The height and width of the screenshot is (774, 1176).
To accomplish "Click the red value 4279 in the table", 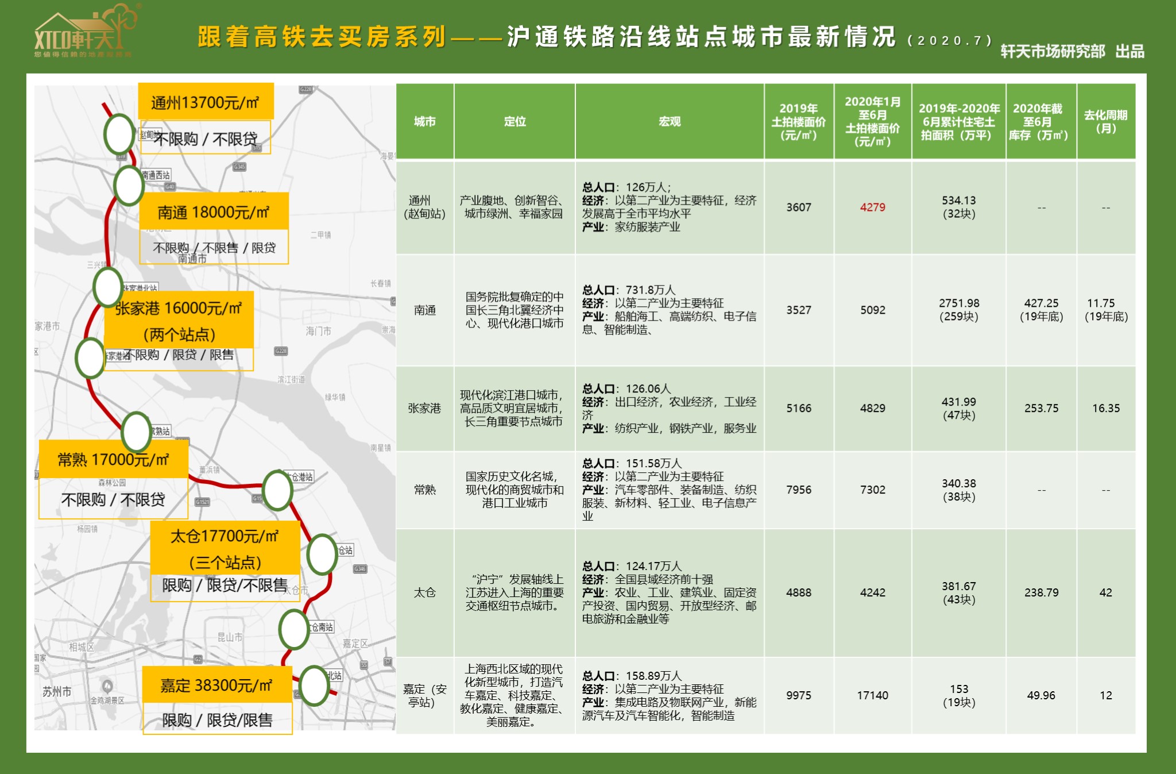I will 872,207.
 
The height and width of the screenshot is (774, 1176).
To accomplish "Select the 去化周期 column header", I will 1105,122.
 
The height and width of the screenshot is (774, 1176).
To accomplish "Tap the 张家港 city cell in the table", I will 424,409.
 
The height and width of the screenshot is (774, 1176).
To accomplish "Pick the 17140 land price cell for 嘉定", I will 872,695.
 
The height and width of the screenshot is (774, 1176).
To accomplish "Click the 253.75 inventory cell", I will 1041,409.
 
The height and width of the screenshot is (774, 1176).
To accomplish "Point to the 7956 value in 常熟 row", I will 798,490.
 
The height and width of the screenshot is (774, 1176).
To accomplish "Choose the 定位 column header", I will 514,122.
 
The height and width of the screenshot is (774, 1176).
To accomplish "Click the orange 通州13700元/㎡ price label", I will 206,102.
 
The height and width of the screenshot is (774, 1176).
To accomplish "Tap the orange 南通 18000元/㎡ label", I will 214,212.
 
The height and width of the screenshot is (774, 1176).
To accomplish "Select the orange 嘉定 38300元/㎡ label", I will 216,685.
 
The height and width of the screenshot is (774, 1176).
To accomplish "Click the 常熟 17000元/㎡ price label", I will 114,460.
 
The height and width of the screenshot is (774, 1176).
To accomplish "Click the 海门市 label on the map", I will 318,331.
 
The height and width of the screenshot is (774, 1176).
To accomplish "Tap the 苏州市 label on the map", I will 57,692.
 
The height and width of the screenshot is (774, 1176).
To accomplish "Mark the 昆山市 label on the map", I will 230,637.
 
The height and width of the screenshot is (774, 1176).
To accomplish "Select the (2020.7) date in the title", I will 950,41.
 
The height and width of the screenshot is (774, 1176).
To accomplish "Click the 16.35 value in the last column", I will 1105,409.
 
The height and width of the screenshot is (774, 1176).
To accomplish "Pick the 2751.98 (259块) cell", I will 958,310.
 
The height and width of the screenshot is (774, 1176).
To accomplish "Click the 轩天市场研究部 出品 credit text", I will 1072,52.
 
